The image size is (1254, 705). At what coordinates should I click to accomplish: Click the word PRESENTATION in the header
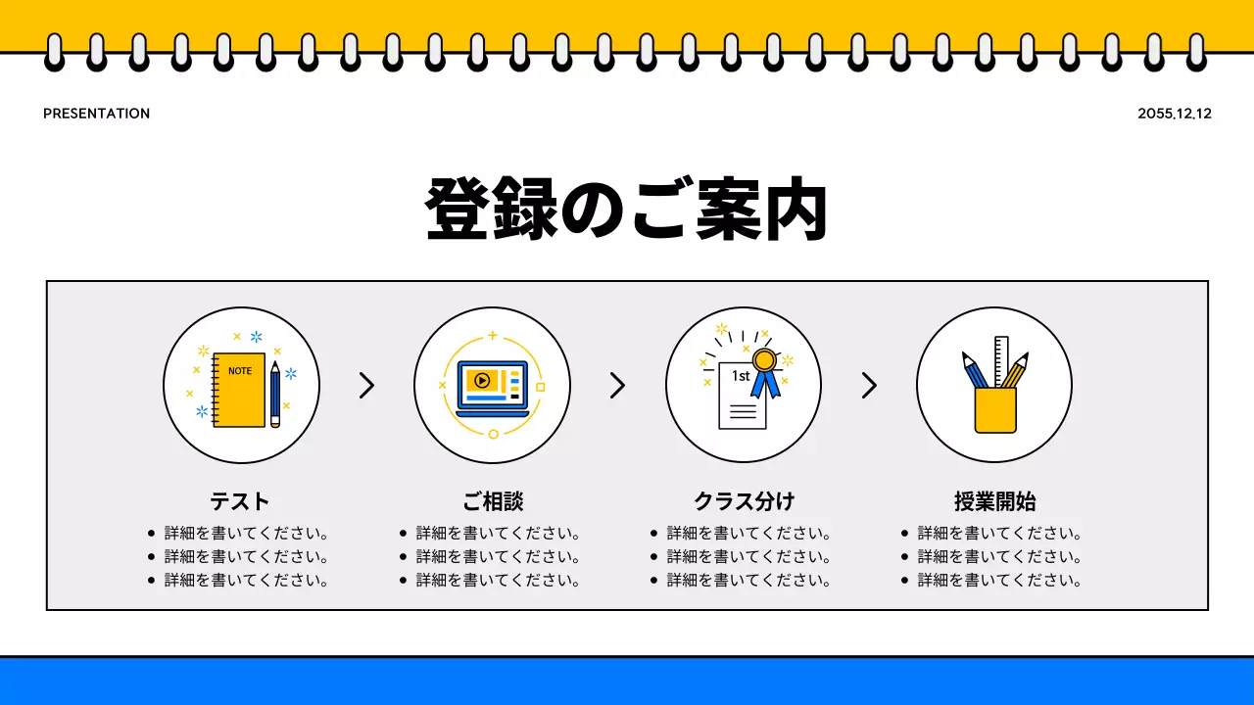pyautogui.click(x=96, y=114)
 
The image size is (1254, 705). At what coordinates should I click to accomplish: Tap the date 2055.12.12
pyautogui.click(x=1175, y=114)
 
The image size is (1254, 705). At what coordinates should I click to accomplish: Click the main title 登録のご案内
pyautogui.click(x=627, y=210)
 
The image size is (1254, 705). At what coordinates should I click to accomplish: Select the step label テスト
pyautogui.click(x=240, y=501)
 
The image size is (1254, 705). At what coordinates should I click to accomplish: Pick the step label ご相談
pyautogui.click(x=493, y=501)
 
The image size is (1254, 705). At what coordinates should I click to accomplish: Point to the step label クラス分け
pyautogui.click(x=744, y=501)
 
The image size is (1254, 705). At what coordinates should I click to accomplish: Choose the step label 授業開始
pyautogui.click(x=994, y=501)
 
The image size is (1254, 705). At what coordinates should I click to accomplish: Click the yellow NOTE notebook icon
pyautogui.click(x=239, y=390)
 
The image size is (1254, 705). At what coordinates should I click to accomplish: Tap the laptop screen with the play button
pyautogui.click(x=492, y=382)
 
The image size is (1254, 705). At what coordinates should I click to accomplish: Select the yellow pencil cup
pyautogui.click(x=994, y=409)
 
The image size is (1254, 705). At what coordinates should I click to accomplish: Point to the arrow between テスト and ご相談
pyautogui.click(x=366, y=386)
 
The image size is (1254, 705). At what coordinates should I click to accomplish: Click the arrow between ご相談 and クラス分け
pyautogui.click(x=617, y=386)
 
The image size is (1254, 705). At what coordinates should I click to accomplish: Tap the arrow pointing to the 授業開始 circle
pyautogui.click(x=868, y=386)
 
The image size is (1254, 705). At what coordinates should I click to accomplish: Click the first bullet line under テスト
pyautogui.click(x=245, y=534)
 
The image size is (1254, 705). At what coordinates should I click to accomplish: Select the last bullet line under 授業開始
pyautogui.click(x=999, y=580)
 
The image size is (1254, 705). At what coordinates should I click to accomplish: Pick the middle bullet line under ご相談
pyautogui.click(x=498, y=556)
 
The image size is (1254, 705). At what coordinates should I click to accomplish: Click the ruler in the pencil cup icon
pyautogui.click(x=1001, y=360)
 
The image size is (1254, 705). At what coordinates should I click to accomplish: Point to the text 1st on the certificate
pyautogui.click(x=741, y=376)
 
